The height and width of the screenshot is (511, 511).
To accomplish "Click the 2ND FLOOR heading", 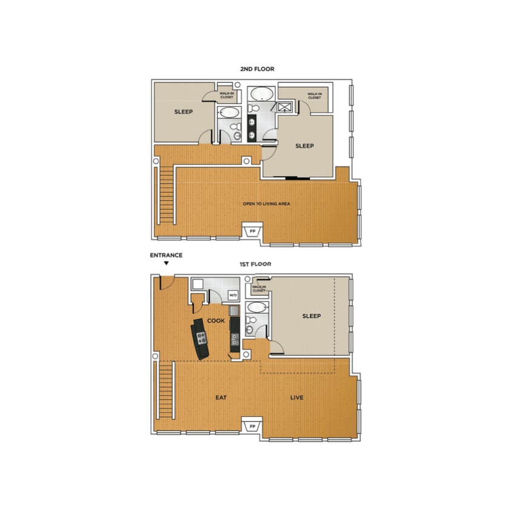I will (x=257, y=69).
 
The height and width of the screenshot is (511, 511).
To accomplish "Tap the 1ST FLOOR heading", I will (x=255, y=264).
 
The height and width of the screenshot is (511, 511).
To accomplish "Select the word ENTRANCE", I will (x=166, y=255).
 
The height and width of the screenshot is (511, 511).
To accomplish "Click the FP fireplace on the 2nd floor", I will (x=252, y=232).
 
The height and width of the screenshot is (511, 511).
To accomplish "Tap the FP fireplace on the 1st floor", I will (x=252, y=427).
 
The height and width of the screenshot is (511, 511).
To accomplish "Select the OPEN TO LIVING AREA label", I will (x=266, y=204).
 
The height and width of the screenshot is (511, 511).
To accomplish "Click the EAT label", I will (x=221, y=398).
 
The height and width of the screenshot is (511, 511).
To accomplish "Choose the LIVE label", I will (x=296, y=398).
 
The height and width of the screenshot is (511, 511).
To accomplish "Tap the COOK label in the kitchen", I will (x=216, y=320).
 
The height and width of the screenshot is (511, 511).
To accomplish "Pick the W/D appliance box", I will (x=233, y=295).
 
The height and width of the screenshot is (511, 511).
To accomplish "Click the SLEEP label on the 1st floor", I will (x=311, y=316).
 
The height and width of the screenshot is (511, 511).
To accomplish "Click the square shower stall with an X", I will (x=285, y=107).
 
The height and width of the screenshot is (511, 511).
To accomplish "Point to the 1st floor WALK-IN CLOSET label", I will (x=259, y=289).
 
